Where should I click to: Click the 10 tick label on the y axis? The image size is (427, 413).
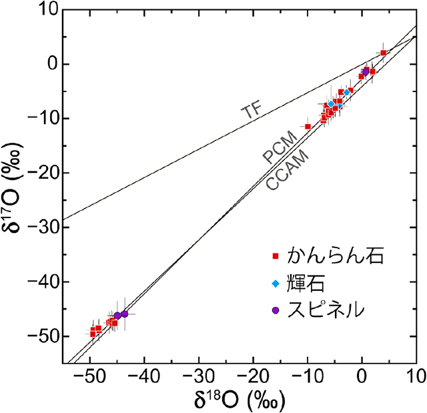pyautogui.click(x=51, y=10)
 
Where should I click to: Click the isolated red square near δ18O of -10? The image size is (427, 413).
pyautogui.click(x=308, y=126)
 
